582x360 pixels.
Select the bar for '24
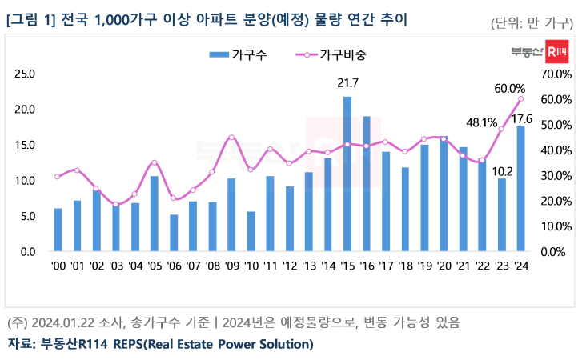[521, 189]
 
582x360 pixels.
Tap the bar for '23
[502, 215]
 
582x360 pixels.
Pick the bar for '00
[58, 230]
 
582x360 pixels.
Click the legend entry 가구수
[239, 54]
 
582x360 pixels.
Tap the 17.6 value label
[523, 118]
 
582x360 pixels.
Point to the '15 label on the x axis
[347, 266]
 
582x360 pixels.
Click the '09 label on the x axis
[231, 266]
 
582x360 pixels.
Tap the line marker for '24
[521, 99]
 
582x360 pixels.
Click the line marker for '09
[231, 137]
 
